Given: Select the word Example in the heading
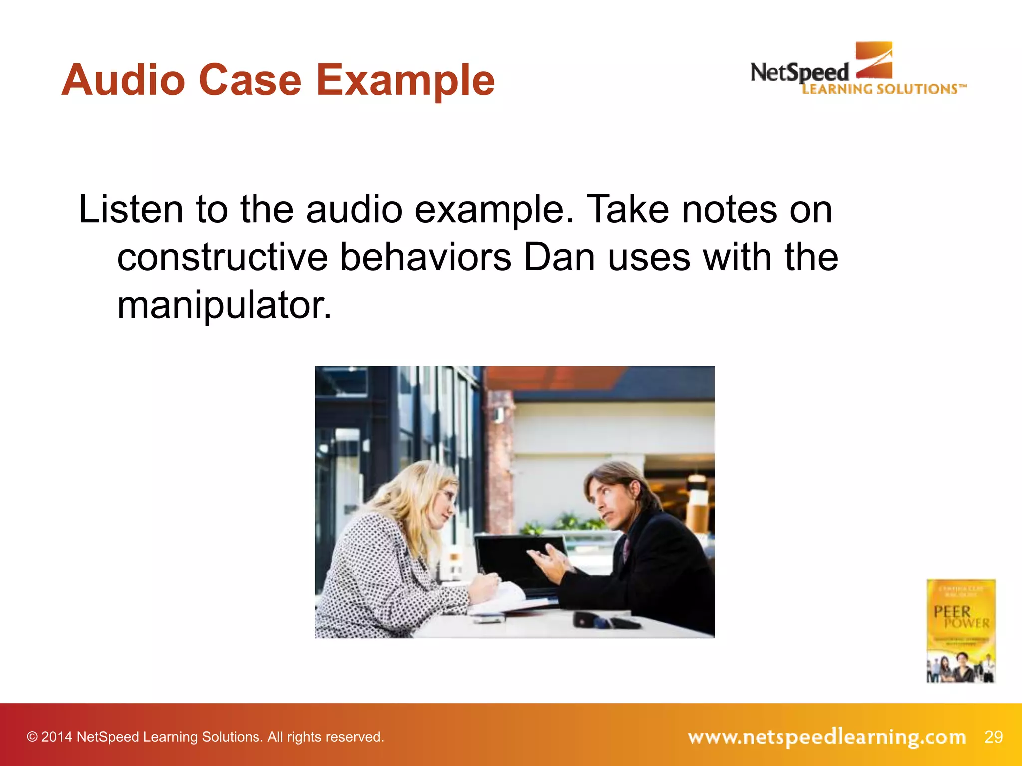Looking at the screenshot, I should pyautogui.click(x=405, y=81).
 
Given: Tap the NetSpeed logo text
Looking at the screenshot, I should pyautogui.click(x=799, y=73).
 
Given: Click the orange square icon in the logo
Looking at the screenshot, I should pyautogui.click(x=874, y=60).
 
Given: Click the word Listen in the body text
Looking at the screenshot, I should pyautogui.click(x=131, y=209).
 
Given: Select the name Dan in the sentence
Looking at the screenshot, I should pyautogui.click(x=559, y=257).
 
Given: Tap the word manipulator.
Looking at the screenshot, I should pyautogui.click(x=224, y=305).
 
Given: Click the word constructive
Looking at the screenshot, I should pyautogui.click(x=222, y=257).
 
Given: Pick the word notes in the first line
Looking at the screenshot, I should pyautogui.click(x=729, y=209).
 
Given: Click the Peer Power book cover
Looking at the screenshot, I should pyautogui.click(x=961, y=630).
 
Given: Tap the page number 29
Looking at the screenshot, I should pyautogui.click(x=993, y=737).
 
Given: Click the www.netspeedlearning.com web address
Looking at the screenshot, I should pyautogui.click(x=826, y=737).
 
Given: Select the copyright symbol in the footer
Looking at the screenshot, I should pyautogui.click(x=32, y=737).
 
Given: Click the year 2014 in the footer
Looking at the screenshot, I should pyautogui.click(x=57, y=737).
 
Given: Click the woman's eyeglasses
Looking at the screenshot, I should pyautogui.click(x=448, y=496).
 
